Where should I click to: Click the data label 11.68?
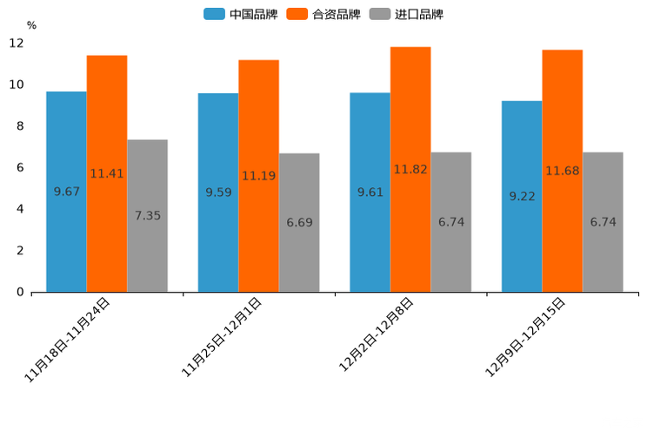point(563,171)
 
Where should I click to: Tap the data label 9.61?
point(370,192)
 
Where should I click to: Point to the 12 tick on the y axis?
point(16,43)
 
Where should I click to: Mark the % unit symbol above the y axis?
point(31,25)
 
